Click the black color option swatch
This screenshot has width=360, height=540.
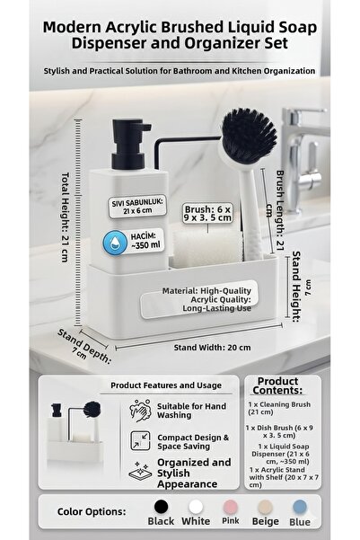161,507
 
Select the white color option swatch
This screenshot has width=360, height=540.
196,507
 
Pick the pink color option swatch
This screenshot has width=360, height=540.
230,507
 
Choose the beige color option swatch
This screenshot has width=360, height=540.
265,507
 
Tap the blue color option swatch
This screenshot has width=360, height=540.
300,507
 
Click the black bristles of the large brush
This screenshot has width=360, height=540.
249,135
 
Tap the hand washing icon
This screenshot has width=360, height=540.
140,411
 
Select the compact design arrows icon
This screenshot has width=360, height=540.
140,440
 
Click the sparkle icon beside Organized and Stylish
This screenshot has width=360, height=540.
140,471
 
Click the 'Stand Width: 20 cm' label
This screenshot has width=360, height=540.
212,348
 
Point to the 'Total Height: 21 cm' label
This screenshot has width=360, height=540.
65,217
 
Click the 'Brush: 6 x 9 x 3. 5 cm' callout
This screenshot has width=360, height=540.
207,214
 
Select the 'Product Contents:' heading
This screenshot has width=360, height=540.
277,385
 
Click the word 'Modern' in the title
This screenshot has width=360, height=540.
72,28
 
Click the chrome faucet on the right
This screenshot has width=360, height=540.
303,159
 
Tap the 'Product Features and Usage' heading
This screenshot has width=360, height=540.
166,385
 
